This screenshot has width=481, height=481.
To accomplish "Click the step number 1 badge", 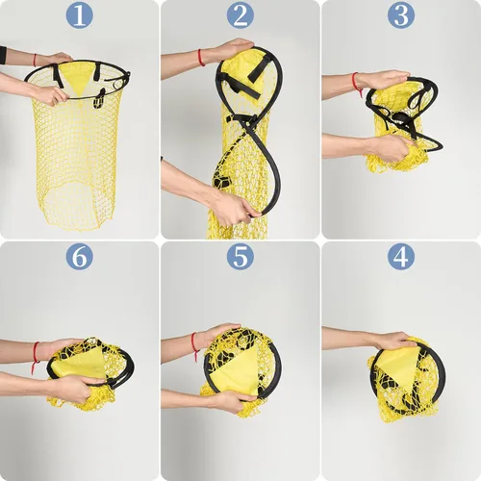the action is (80, 15).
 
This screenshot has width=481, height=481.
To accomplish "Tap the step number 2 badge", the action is (240, 15).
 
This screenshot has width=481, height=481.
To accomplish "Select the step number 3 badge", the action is (401, 15).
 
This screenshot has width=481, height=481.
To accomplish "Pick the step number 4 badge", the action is (401, 256).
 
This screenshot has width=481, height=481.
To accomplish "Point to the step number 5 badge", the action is (240, 256).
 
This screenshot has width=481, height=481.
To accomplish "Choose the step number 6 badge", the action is (80, 256).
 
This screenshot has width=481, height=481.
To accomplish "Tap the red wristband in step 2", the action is (201, 58).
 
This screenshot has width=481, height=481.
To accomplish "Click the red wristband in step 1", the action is (35, 60).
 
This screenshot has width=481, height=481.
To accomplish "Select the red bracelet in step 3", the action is (356, 84).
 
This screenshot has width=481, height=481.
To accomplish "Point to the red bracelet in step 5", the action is (194, 345).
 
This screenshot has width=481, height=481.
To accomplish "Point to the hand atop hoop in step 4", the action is (392, 341).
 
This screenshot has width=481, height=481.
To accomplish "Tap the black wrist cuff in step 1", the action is (3, 55).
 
